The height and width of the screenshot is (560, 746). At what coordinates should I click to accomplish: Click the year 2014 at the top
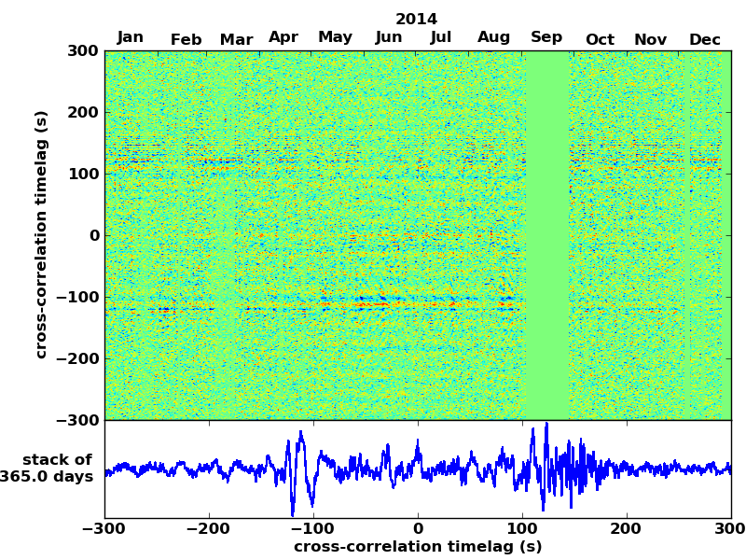416,19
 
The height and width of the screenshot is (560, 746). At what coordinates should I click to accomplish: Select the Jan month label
131,37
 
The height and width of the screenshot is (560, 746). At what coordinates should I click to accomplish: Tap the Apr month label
283,37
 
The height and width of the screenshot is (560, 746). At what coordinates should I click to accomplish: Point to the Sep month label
546,37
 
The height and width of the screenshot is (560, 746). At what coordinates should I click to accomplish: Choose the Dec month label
705,39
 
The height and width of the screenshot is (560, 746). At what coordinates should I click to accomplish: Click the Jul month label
441,37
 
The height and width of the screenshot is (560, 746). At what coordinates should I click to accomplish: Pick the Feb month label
186,39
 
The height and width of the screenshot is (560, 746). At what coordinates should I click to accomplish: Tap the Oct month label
600,39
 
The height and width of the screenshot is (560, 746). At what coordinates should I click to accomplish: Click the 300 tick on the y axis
83,50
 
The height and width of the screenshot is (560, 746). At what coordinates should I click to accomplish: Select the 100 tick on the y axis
83,174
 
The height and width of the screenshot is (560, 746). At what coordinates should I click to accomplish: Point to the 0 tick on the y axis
94,235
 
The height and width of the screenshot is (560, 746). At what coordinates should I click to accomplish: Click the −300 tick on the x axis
104,529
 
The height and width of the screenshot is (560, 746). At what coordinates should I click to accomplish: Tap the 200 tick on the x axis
627,529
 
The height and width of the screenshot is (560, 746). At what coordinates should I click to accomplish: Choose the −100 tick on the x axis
313,529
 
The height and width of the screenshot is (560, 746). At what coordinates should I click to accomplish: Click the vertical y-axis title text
41,234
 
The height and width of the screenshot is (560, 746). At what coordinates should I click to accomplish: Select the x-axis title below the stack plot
417,547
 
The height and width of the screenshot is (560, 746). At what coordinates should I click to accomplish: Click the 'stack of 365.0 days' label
51,469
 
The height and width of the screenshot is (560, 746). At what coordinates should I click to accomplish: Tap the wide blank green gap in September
547,234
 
